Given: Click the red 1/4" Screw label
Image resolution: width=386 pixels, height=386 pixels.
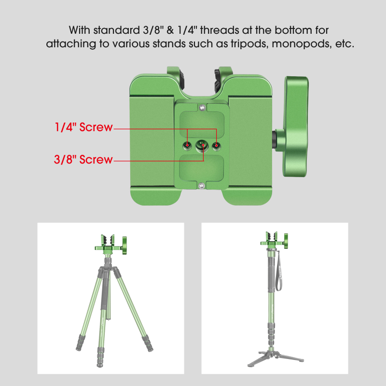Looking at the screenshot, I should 83,128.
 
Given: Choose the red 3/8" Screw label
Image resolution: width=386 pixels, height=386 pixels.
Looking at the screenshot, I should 83,159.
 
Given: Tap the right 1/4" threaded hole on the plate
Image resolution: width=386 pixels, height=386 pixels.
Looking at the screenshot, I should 217,145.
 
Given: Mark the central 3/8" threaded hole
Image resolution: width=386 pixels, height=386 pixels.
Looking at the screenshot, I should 202,145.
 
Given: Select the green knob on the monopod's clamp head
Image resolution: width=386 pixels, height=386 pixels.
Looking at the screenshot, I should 285,239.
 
